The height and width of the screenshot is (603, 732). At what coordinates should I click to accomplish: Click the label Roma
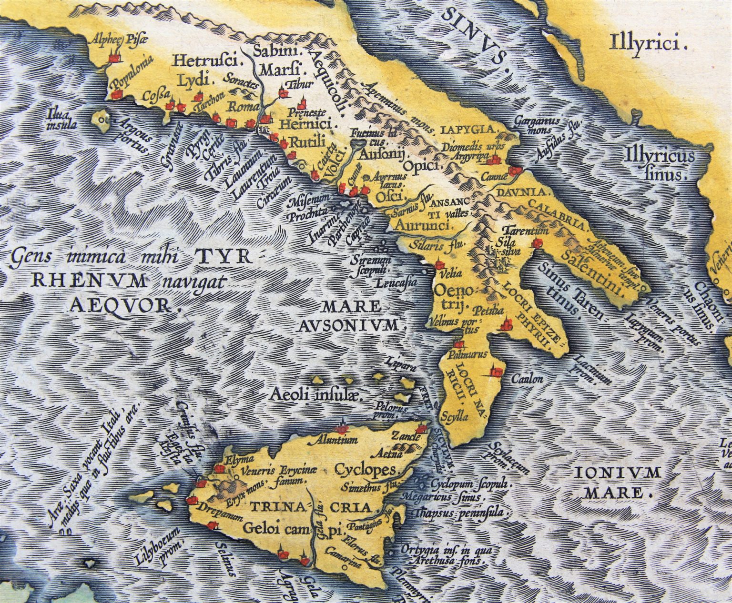tap(243, 107)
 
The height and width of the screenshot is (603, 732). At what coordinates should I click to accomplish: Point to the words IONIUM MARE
tap(618, 482)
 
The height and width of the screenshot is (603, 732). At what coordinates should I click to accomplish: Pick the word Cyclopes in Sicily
tap(365, 470)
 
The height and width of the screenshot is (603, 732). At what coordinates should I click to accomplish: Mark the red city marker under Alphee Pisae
tap(114, 58)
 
